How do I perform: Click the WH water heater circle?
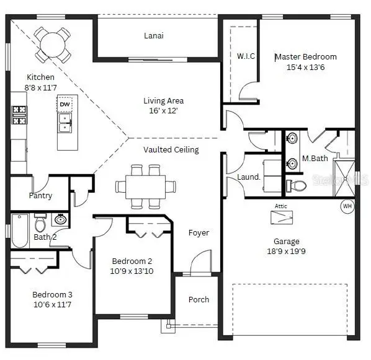coord(347,206)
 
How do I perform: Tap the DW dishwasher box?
coord(65,104)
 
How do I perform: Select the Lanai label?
coord(154,36)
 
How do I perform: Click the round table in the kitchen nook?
coord(53,45)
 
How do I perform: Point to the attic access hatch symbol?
coord(282,217)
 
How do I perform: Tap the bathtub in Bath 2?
coord(20,230)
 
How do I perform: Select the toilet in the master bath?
coord(296,185)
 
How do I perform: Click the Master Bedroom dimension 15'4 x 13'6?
coord(305,68)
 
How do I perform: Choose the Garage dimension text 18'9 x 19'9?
coord(286,251)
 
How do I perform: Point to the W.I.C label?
coord(246,56)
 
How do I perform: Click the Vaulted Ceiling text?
coord(171,150)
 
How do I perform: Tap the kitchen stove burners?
coord(19,115)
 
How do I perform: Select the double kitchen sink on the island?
coord(65,123)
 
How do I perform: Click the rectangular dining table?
coord(146,187)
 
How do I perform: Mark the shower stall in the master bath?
coord(344,178)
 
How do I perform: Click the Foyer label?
coord(199,233)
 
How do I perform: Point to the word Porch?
coord(199,299)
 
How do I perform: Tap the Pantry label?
coord(40,196)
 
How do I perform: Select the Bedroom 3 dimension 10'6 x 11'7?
coord(52,304)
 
